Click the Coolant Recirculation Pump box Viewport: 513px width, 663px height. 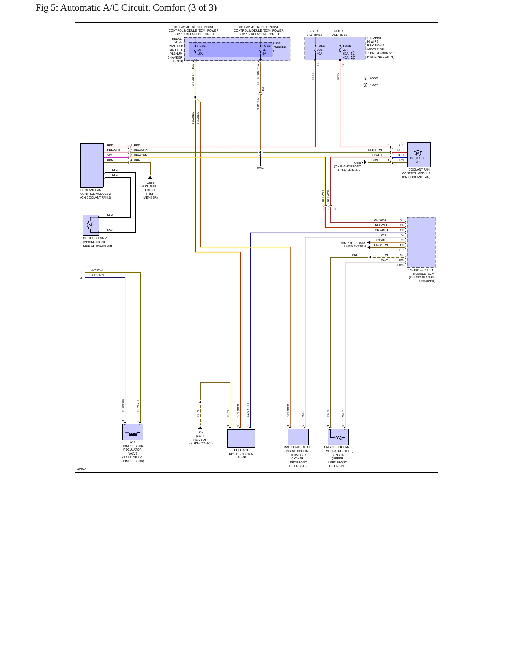coord(241,439)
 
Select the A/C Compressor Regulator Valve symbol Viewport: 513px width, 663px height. coord(133,432)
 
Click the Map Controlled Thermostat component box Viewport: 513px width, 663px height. coord(298,437)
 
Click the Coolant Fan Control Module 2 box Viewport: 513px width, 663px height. coord(92,165)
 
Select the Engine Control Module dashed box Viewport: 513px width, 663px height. coord(421,242)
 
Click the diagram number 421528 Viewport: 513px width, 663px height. coord(82,469)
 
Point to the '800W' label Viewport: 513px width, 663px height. coord(260,168)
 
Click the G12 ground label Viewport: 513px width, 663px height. coord(201,432)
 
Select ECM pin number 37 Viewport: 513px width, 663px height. coord(402,220)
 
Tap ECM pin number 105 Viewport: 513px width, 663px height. coord(401,260)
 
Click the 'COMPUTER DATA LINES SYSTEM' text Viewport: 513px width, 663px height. coord(353,245)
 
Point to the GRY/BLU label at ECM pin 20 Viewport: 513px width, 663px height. coord(381,230)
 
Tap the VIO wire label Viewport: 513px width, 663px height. coord(110,155)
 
